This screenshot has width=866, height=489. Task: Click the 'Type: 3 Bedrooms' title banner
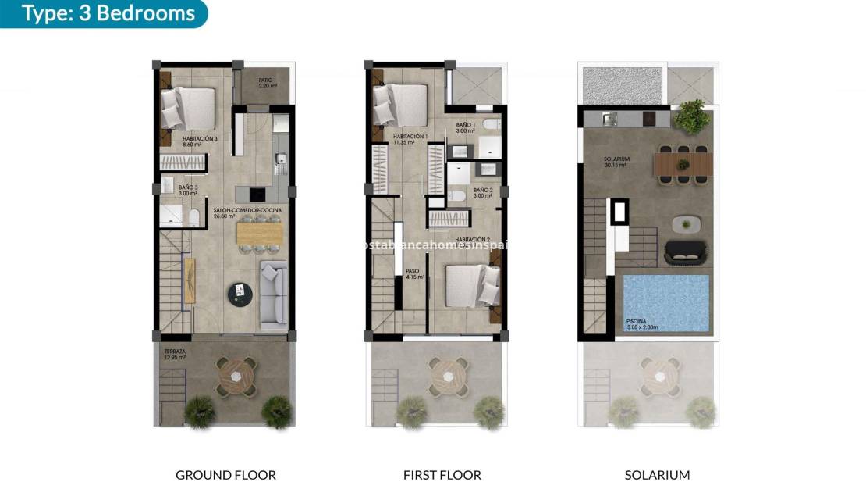pos(108,14)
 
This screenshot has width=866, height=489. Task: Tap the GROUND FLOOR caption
pos(225,474)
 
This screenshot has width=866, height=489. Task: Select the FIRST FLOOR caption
pos(442,474)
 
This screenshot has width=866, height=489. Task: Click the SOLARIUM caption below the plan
pos(657,474)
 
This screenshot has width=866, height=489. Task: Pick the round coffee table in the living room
pos(240,294)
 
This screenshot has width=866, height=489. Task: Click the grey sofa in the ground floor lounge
pos(273,292)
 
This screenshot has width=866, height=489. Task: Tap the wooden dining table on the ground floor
pos(258,233)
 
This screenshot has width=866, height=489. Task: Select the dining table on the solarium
pos(683,164)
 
